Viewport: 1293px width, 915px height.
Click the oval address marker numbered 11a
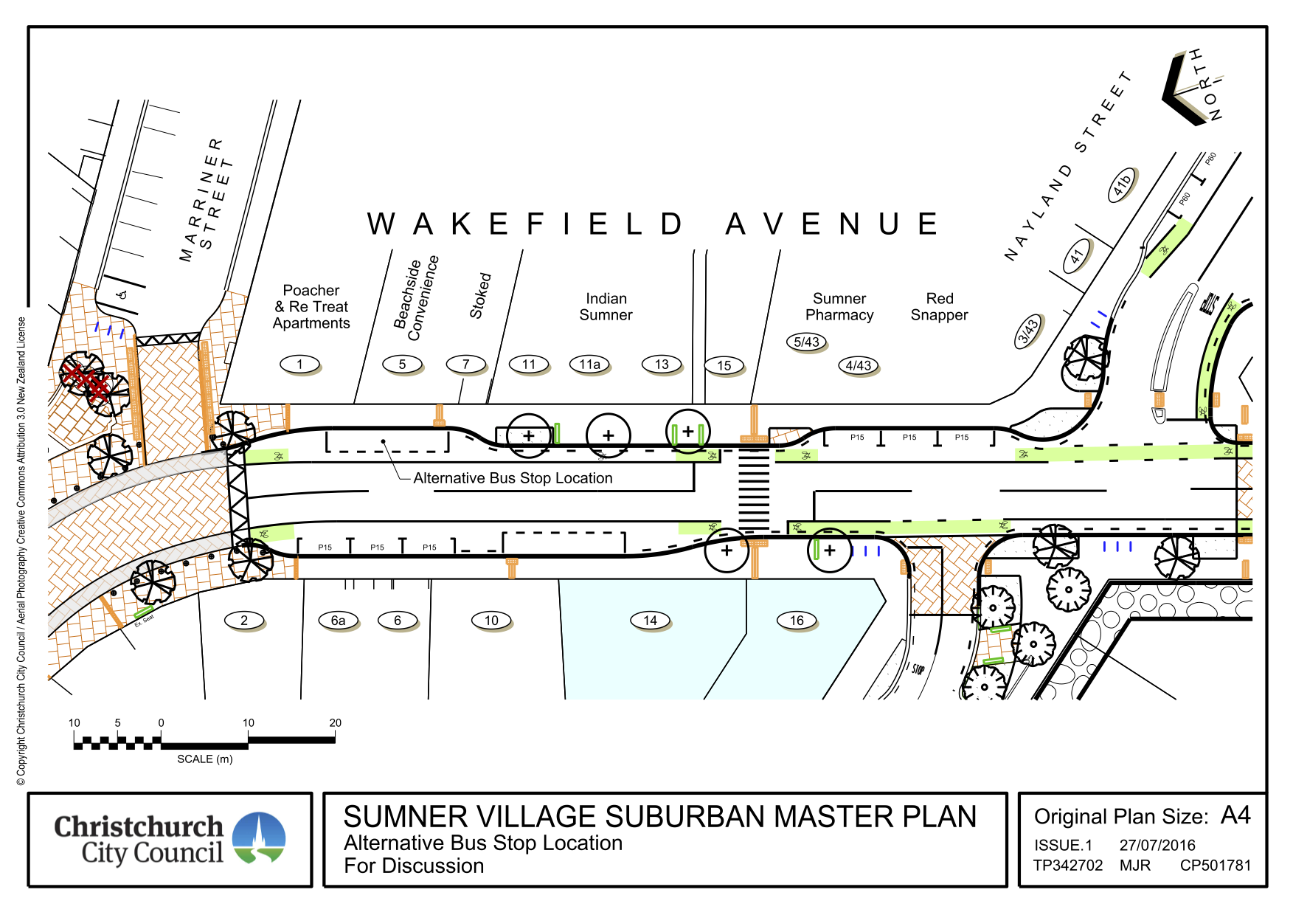(589, 364)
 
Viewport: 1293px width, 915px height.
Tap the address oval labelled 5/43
(806, 342)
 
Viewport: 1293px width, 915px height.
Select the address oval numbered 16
(797, 621)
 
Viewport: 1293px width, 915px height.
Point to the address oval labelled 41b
(1121, 184)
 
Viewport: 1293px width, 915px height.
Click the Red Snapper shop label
(939, 307)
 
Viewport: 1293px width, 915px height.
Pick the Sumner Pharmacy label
(839, 307)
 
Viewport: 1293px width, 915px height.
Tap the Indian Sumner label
(606, 307)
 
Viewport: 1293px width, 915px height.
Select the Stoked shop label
(480, 296)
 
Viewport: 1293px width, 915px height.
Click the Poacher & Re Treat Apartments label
(311, 307)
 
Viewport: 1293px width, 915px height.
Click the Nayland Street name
(1067, 166)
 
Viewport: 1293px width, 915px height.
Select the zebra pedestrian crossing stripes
(753, 487)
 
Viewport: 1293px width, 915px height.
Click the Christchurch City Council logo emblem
(259, 838)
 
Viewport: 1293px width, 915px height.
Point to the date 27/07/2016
(1157, 845)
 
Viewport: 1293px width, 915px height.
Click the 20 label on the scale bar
(335, 722)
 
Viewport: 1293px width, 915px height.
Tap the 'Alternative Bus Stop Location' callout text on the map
(513, 478)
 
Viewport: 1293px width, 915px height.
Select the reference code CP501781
(1215, 865)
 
